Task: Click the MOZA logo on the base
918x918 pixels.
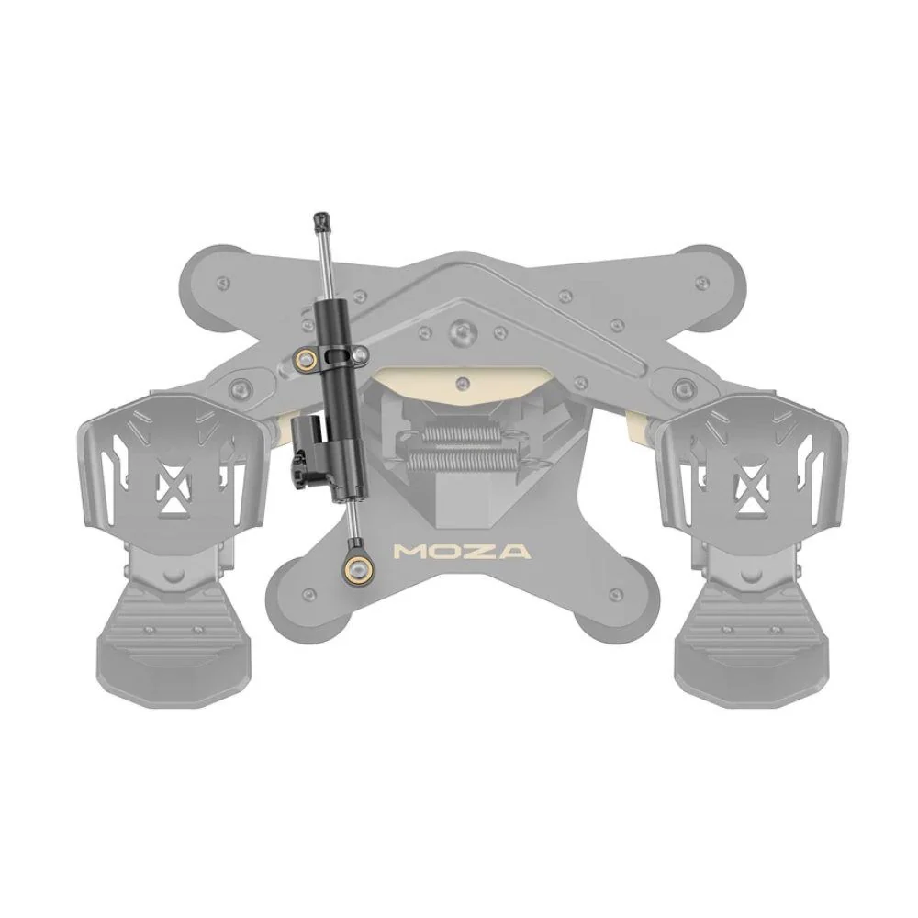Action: click(x=463, y=552)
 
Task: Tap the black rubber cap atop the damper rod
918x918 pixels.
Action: click(x=320, y=220)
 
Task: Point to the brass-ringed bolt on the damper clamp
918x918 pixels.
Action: click(x=304, y=357)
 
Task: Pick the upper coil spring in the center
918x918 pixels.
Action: click(x=461, y=435)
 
